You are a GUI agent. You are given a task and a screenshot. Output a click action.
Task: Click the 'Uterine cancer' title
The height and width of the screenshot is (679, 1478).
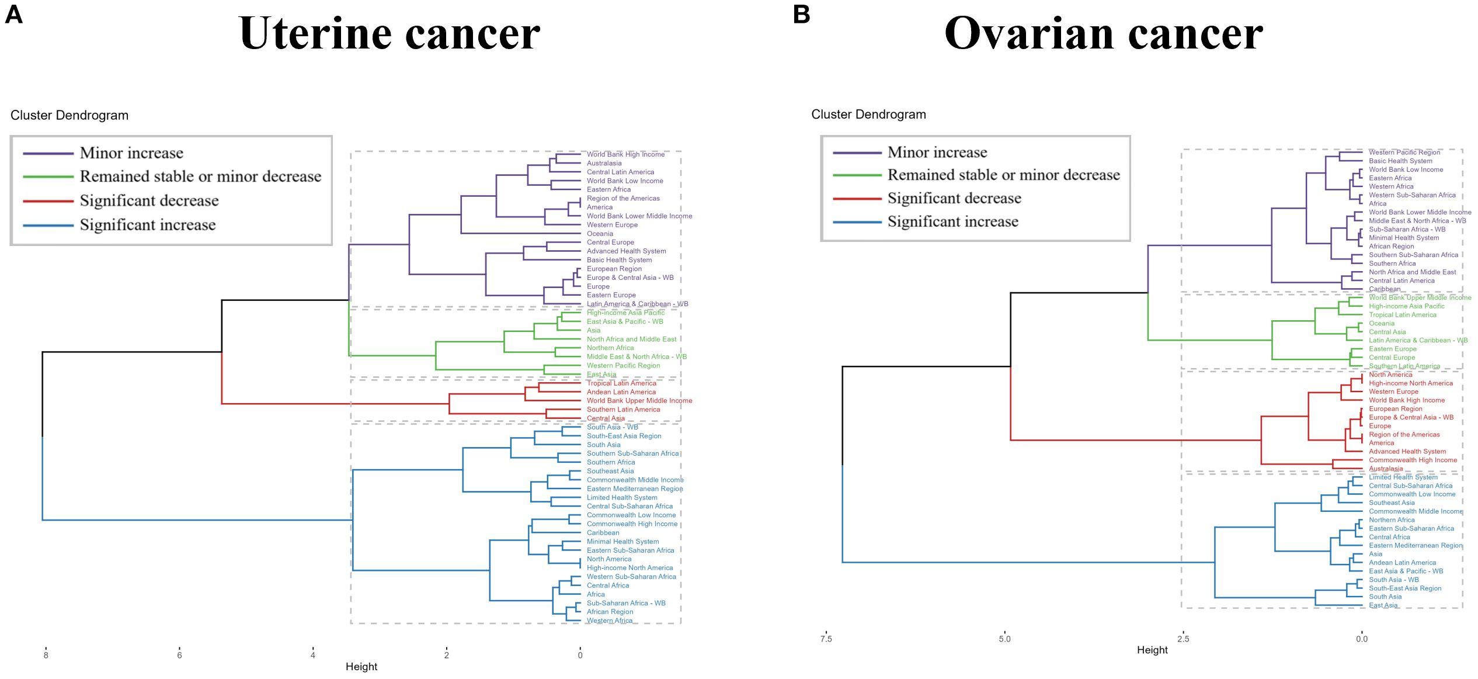[390, 34]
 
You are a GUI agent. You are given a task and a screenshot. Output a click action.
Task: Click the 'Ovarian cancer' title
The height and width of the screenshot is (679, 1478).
[1103, 34]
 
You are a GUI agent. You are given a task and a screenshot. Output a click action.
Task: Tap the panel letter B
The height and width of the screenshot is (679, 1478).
[802, 14]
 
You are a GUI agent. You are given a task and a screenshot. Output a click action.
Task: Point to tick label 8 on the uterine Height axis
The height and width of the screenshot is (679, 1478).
[46, 655]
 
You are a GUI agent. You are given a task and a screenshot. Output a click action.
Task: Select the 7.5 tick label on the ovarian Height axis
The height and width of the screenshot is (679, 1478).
[826, 639]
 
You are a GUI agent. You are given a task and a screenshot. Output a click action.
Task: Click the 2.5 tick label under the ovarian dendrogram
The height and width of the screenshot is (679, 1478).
[1183, 639]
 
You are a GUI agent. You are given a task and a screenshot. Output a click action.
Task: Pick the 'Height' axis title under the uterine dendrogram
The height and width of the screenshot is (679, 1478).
[361, 667]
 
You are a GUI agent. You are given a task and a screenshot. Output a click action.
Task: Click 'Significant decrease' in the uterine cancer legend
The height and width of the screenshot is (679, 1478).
[149, 200]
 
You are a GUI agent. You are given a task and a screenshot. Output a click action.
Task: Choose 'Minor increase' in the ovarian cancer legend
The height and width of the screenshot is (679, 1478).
[937, 153]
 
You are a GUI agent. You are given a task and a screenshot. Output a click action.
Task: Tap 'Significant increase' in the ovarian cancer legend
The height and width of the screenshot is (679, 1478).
[952, 221]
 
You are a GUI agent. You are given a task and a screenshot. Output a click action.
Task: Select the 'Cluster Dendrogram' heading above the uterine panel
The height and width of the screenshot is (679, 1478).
[69, 115]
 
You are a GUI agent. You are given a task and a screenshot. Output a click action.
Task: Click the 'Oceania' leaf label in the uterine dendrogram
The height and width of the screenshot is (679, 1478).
[600, 234]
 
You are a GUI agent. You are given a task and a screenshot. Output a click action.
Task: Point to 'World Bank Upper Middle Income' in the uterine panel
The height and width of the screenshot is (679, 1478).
[639, 401]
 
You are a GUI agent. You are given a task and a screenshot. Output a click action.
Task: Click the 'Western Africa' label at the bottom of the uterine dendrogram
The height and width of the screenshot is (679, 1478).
[610, 621]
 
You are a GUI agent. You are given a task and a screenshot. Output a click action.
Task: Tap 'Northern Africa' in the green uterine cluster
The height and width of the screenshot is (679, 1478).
[610, 348]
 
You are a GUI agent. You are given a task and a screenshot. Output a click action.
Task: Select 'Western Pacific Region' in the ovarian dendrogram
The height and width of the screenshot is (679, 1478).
[1404, 153]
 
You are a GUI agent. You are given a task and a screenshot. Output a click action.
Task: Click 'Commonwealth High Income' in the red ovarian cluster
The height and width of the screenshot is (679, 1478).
[1413, 460]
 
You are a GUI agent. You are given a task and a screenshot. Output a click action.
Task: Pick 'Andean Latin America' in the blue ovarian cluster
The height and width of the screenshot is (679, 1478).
[1402, 563]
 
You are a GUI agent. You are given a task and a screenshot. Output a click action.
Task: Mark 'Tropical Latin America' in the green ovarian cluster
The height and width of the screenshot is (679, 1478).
[1403, 315]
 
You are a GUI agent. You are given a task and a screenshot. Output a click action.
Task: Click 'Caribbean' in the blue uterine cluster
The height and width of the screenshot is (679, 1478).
[603, 533]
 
